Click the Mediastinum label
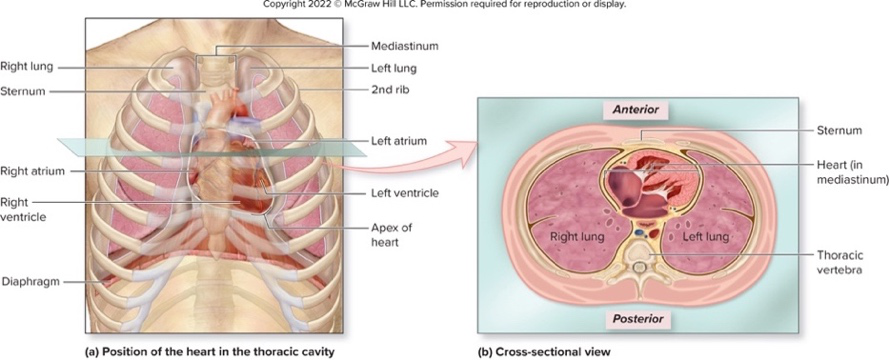click(x=404, y=46)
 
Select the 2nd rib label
click(x=388, y=91)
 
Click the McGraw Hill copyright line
click(x=444, y=5)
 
